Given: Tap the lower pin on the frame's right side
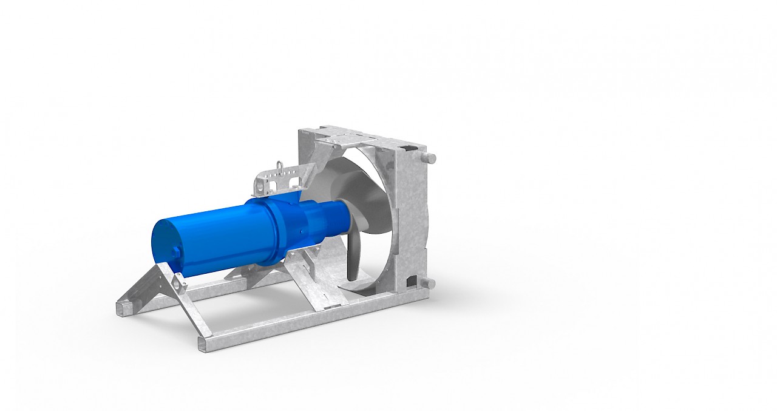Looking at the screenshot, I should pos(429,284).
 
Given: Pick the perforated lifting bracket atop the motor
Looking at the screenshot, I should pos(276,180).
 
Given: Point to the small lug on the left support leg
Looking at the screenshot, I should pos(179,283).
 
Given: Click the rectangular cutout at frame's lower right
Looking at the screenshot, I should pos(413,280).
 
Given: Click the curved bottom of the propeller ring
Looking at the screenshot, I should pos(364,290).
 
